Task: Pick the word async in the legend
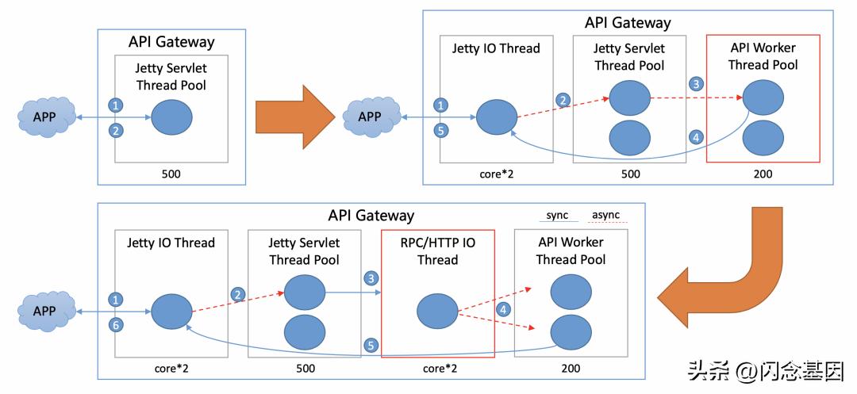(x=606, y=215)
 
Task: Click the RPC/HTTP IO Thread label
(x=438, y=251)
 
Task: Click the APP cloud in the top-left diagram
(x=46, y=118)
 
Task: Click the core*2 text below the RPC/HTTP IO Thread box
(x=438, y=369)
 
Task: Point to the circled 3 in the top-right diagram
(x=696, y=84)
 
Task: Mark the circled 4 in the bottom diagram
(x=503, y=309)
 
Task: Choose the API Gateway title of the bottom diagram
(x=371, y=215)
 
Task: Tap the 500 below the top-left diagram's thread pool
(x=171, y=174)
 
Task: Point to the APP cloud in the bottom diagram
(x=46, y=311)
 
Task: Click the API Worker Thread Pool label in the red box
(x=762, y=55)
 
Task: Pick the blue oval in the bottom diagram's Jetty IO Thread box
(x=171, y=310)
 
